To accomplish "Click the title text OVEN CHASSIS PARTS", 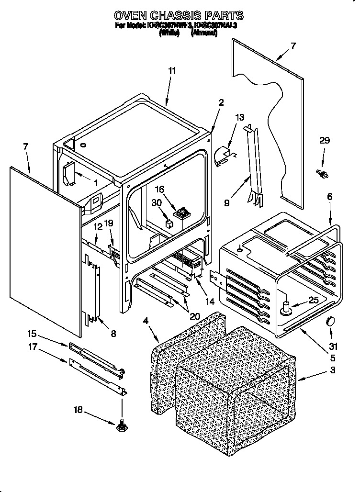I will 178,16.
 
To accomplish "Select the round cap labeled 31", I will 330,321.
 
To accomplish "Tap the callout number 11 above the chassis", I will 172,71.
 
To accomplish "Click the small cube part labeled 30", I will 169,223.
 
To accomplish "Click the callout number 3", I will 333,370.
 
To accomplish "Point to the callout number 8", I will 113,334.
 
